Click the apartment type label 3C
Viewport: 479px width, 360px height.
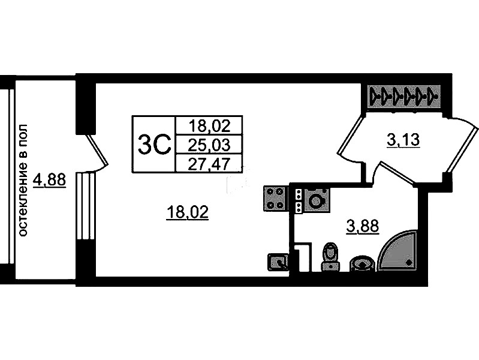153,145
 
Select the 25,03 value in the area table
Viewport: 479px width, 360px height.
209,145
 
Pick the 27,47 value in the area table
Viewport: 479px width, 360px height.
209,165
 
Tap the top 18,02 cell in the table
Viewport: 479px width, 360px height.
209,126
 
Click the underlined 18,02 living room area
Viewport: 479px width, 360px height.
188,212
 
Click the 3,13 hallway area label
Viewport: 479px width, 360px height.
403,140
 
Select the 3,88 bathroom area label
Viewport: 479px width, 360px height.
363,227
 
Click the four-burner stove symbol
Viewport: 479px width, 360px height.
275,199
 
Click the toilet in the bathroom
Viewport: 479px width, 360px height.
330,257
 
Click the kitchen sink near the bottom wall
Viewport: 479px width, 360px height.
278,262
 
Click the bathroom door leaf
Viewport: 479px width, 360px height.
397,173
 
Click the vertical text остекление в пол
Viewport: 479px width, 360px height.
23,180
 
